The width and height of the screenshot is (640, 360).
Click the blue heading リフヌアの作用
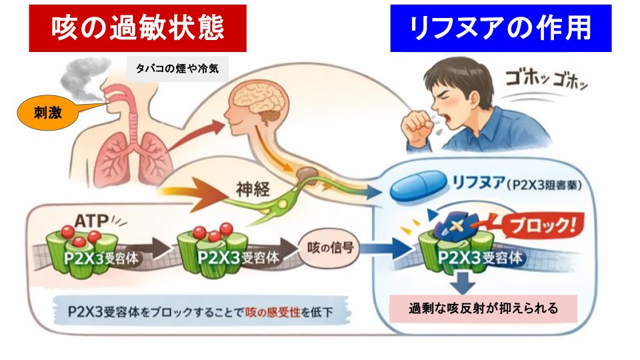(x=501, y=29)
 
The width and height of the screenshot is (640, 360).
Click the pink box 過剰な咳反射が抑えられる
(x=483, y=309)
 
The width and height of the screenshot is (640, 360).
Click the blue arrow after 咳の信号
(x=387, y=252)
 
